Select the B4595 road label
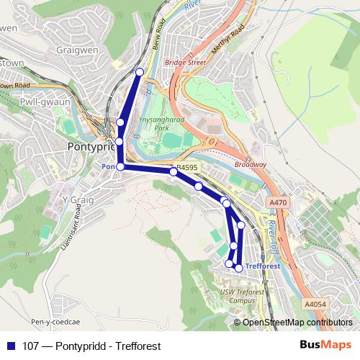point(187,167)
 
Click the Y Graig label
point(75,199)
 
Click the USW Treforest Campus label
point(237,295)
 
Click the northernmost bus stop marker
point(140,71)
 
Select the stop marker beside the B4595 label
point(174,171)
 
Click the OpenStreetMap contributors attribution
point(297,323)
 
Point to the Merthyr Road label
point(228,41)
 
